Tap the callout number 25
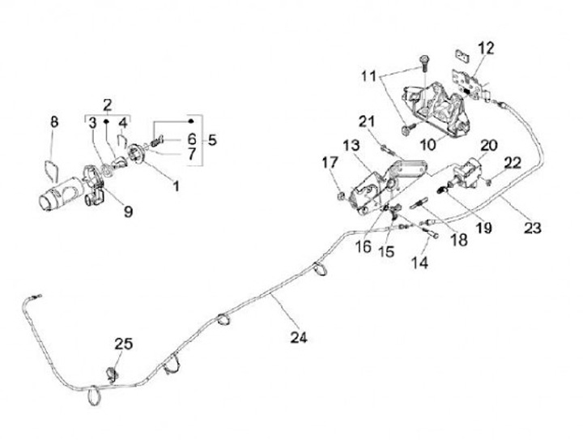coord(122,344)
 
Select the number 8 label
coord(54,122)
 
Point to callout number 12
coord(485,49)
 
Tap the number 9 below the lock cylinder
coord(128,211)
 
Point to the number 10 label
coord(449,144)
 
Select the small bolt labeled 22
coord(491,184)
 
